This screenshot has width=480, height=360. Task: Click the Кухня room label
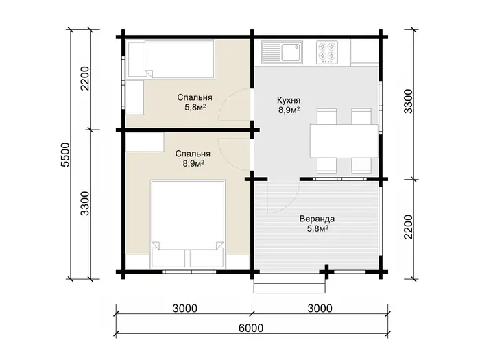(289, 100)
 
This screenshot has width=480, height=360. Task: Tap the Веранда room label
(317, 219)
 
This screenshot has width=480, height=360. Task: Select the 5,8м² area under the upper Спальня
(195, 108)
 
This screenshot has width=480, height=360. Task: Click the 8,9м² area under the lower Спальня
(193, 163)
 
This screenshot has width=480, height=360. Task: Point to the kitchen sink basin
(291, 52)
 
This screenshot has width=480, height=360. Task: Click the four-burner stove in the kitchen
(327, 52)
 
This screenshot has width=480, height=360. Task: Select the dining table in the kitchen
(344, 141)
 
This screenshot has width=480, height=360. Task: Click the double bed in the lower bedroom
(188, 224)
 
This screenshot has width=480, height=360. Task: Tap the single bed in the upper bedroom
(171, 60)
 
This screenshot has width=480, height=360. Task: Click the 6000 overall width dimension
(251, 328)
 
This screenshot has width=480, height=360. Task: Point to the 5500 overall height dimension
(66, 154)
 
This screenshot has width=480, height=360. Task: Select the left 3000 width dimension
(184, 309)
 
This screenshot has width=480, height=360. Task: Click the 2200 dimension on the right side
(409, 227)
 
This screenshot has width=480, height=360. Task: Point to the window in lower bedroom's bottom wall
(189, 272)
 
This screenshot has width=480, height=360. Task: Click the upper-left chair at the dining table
(326, 117)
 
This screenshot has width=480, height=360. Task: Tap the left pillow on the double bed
(169, 258)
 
